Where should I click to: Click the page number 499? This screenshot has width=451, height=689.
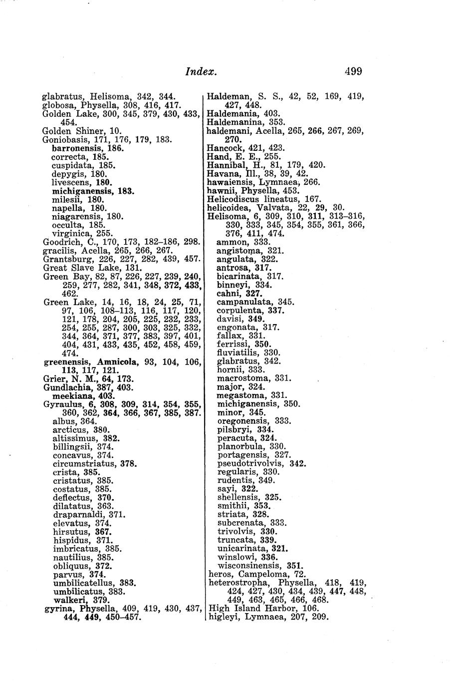point(352,71)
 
